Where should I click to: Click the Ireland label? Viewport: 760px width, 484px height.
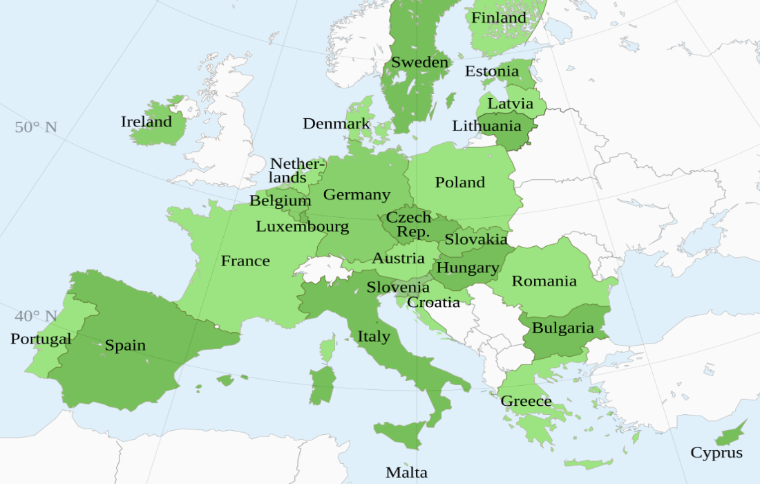(x=146, y=122)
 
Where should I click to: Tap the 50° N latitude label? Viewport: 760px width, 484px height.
(x=36, y=127)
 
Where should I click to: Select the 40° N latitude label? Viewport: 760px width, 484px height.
(x=36, y=316)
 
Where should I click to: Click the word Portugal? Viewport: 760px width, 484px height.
(x=41, y=339)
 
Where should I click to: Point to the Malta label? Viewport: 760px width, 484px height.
(x=406, y=473)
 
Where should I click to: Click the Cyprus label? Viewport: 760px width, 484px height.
(x=716, y=453)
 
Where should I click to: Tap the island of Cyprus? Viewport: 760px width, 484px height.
(x=730, y=436)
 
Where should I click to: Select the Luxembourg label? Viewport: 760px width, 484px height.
(x=302, y=227)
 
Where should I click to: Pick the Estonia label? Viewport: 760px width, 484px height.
(x=491, y=71)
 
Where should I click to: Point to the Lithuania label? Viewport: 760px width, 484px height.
(x=486, y=126)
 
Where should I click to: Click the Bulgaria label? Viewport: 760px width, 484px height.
(x=562, y=328)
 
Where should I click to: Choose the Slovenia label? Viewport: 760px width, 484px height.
(x=397, y=287)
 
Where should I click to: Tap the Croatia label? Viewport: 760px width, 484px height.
(x=433, y=302)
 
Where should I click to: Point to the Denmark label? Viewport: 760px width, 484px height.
(x=336, y=124)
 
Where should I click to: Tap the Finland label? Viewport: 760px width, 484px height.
(x=498, y=17)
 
